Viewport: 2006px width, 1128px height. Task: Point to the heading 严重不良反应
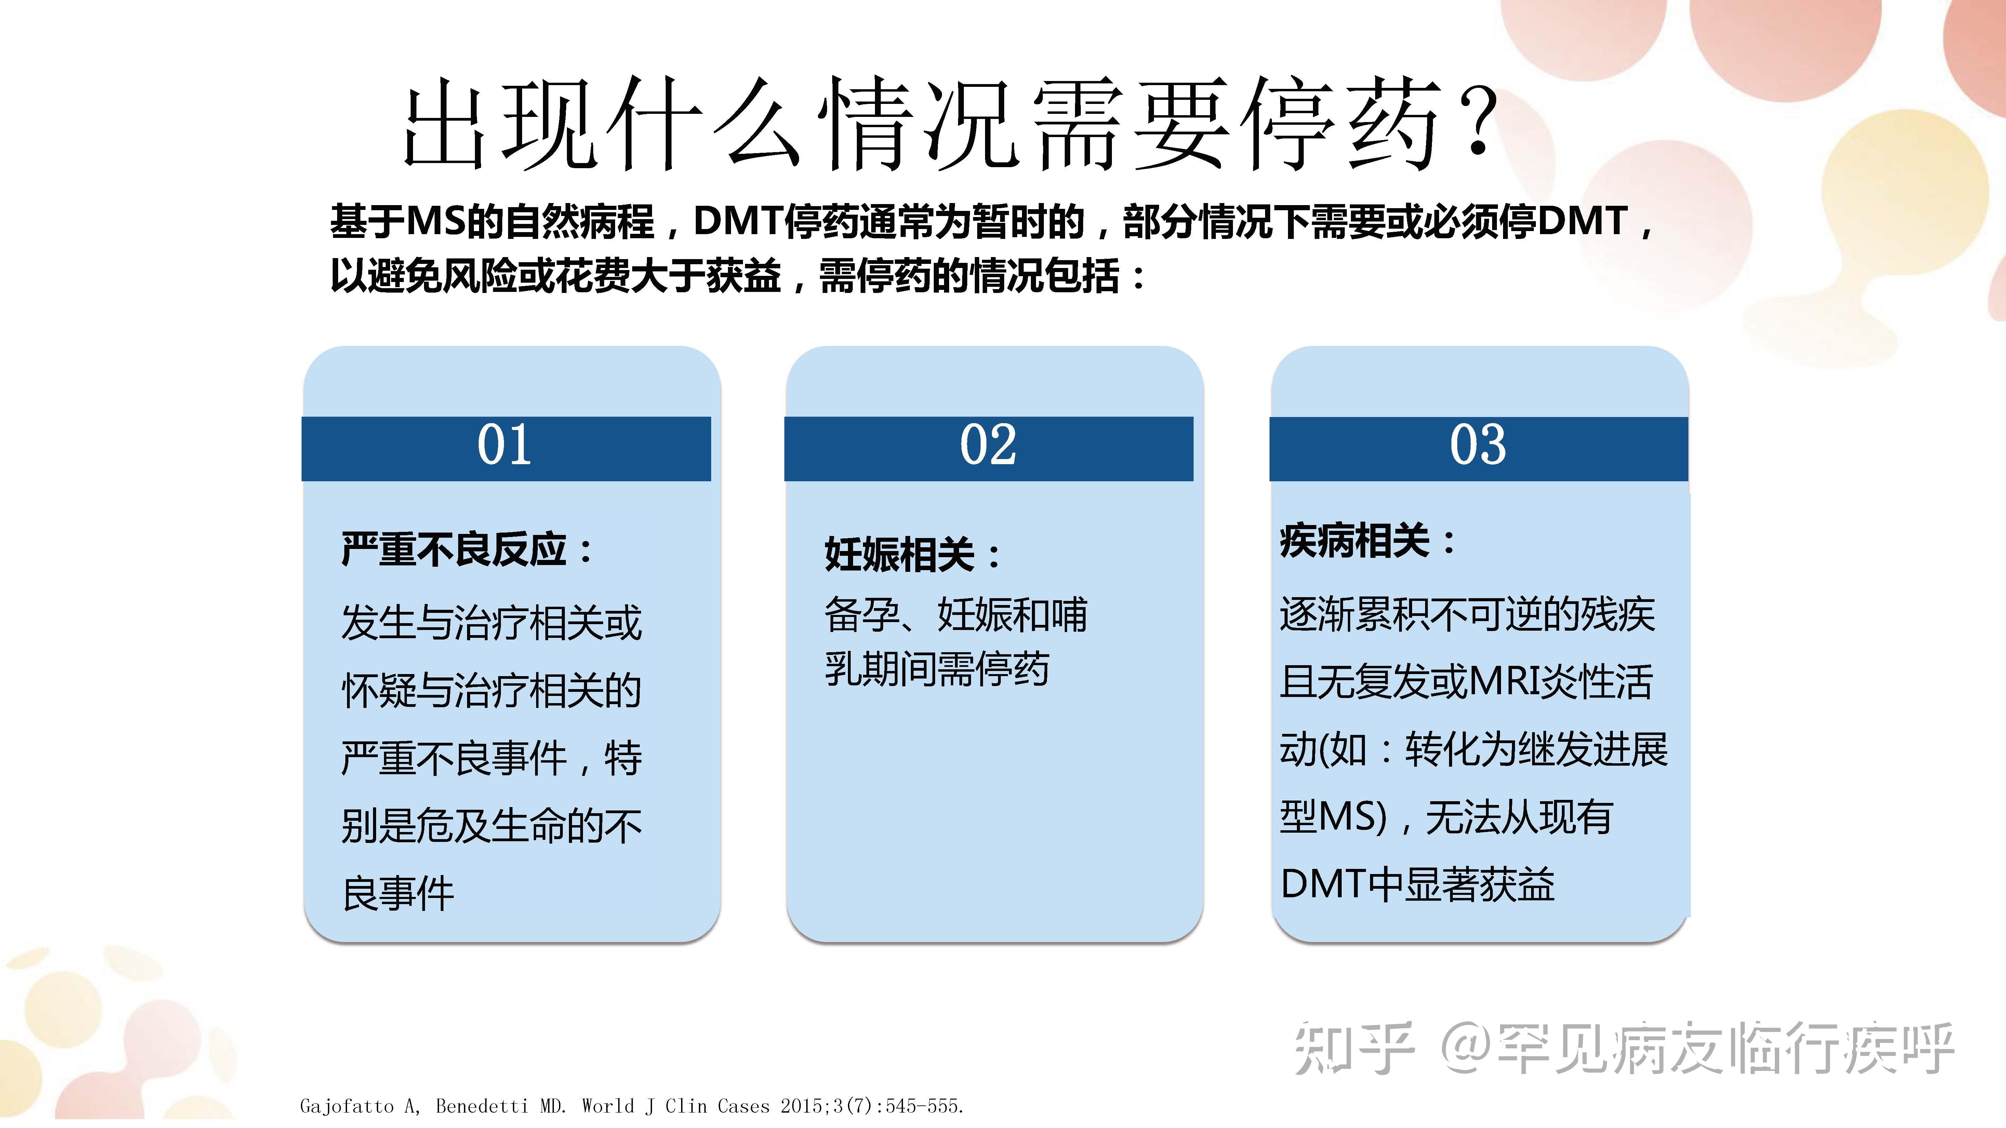[455, 550]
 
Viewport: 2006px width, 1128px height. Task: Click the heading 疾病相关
[1355, 540]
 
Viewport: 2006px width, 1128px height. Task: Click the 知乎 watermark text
[1353, 1049]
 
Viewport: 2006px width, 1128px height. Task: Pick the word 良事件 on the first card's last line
[398, 894]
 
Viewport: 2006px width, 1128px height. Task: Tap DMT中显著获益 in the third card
[1417, 884]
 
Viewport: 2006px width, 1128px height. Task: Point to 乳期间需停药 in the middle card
[937, 670]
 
